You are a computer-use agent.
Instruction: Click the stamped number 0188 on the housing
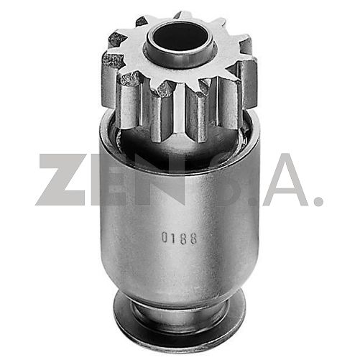point(180,238)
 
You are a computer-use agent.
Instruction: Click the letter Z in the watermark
point(60,180)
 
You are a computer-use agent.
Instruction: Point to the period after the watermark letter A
point(318,199)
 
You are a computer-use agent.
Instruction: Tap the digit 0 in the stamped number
point(165,238)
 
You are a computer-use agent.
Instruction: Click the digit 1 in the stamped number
point(173,238)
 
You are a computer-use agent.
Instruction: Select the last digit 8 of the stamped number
point(193,238)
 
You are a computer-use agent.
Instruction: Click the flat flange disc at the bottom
point(180,323)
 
